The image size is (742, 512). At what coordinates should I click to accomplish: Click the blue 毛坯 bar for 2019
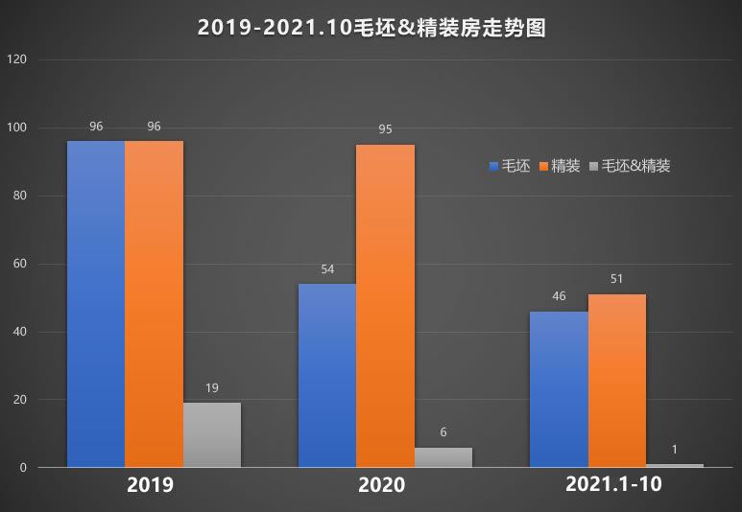tap(96, 304)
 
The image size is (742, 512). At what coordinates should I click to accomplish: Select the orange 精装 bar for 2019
tap(154, 304)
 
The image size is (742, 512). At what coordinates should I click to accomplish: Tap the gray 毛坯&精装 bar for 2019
tap(212, 435)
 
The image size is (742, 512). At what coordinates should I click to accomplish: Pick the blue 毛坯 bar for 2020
tap(327, 376)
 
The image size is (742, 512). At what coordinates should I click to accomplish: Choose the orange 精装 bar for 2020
tap(385, 306)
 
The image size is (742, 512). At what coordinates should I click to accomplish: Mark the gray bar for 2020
tap(443, 457)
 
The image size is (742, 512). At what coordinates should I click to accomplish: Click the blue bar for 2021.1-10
tap(559, 389)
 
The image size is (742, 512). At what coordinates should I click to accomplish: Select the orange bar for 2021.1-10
tap(617, 381)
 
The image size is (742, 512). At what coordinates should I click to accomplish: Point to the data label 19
tap(212, 388)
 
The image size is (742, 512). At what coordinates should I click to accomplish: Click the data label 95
tap(385, 128)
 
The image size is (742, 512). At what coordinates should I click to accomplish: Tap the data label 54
tap(327, 269)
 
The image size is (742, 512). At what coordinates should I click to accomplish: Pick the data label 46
tap(559, 296)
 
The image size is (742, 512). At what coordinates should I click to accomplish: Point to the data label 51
tap(617, 279)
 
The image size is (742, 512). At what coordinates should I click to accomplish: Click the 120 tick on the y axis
tap(17, 59)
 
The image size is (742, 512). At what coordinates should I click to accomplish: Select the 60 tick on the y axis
tap(20, 264)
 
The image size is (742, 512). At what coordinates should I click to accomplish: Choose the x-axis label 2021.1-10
tap(613, 485)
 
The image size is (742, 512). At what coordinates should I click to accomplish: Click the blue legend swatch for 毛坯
tap(493, 167)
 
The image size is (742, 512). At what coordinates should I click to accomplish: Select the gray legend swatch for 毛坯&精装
tap(594, 167)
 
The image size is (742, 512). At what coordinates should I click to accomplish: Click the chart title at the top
tap(371, 29)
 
